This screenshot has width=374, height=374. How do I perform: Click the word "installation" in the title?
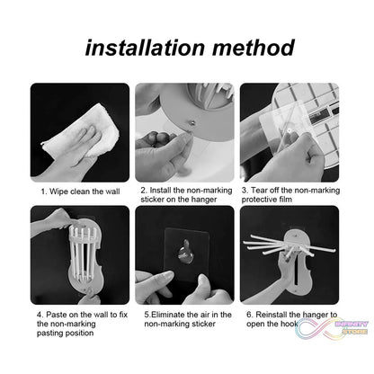tap(152, 46)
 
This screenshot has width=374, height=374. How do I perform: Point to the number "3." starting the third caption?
tap(245, 191)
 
